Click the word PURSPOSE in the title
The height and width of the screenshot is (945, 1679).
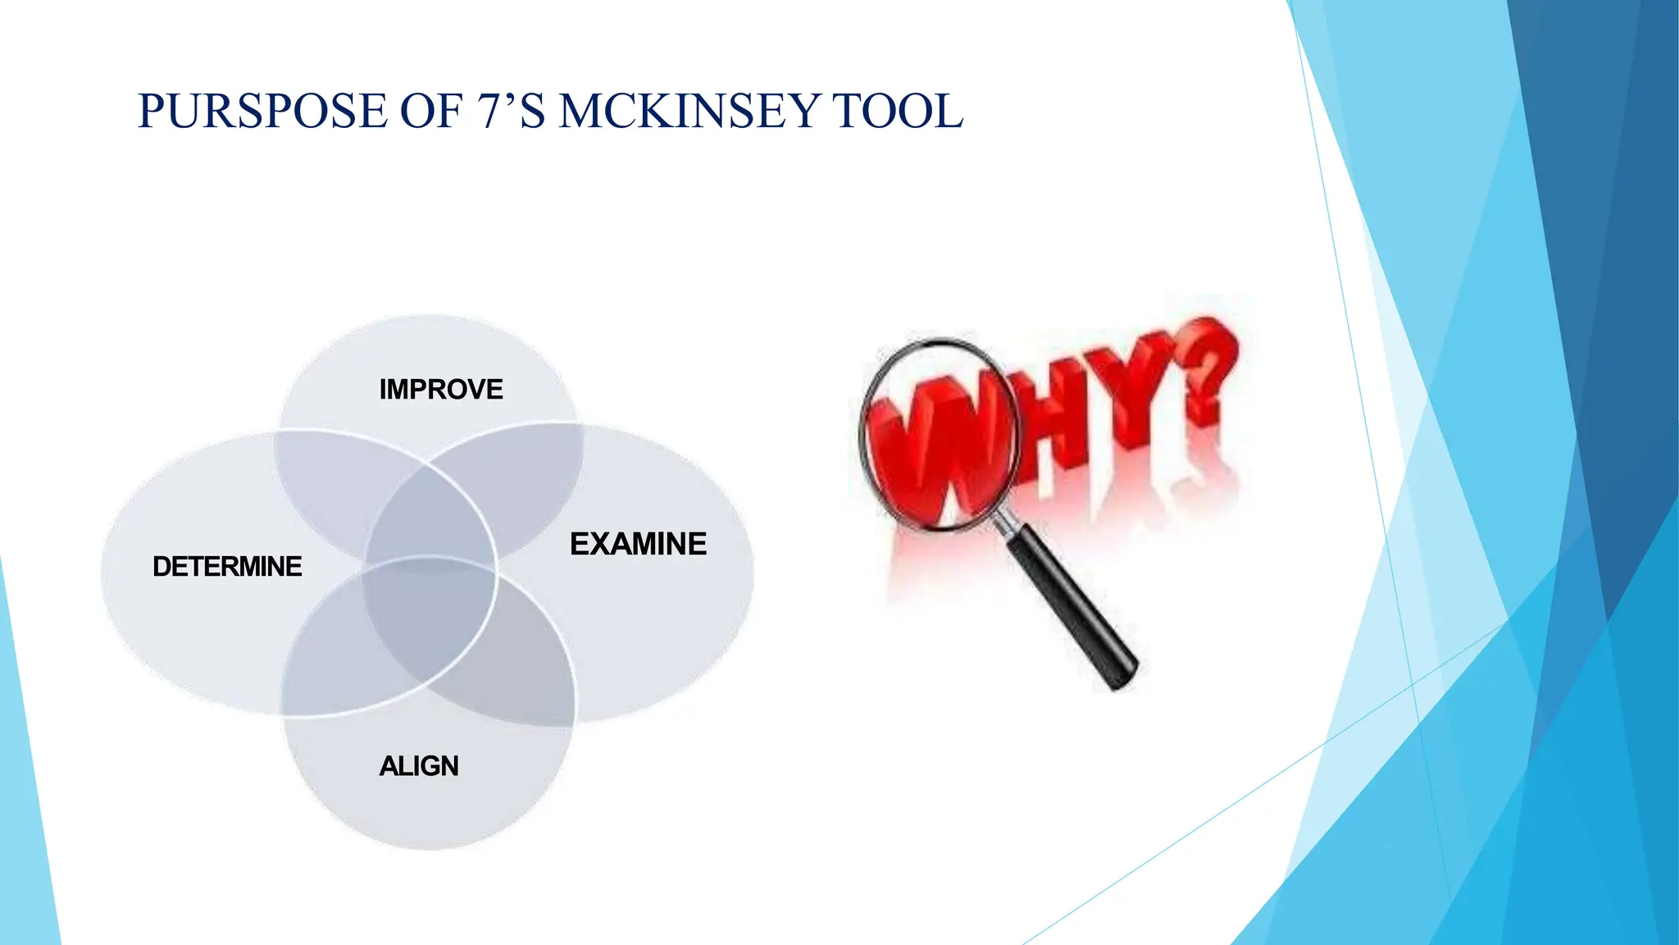click(262, 112)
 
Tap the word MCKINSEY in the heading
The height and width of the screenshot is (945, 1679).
click(687, 112)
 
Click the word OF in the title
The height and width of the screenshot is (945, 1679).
click(430, 112)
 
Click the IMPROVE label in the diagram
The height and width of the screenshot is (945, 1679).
click(441, 389)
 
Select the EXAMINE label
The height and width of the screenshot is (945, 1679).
click(638, 544)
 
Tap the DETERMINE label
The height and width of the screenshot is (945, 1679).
click(227, 566)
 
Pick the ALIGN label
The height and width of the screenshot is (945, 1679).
click(419, 765)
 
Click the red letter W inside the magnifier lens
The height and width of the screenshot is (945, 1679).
click(943, 443)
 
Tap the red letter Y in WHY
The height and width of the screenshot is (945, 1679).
click(1131, 386)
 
